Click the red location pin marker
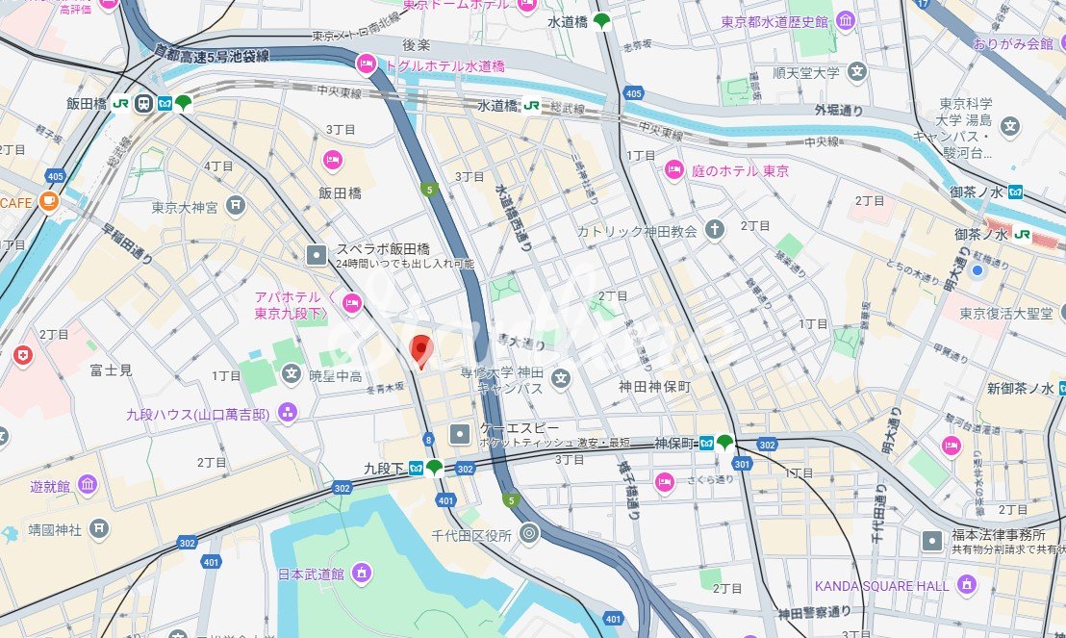420,350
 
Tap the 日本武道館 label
311,574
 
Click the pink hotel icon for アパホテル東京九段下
352,304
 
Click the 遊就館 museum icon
88,484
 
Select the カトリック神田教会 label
637,231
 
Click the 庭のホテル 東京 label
740,171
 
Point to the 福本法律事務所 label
998,535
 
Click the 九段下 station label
383,469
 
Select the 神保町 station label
674,444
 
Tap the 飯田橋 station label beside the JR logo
87,104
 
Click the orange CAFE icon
49,202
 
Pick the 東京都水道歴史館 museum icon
846,21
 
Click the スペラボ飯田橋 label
382,248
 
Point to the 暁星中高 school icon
292,373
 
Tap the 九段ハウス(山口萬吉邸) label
198,415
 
